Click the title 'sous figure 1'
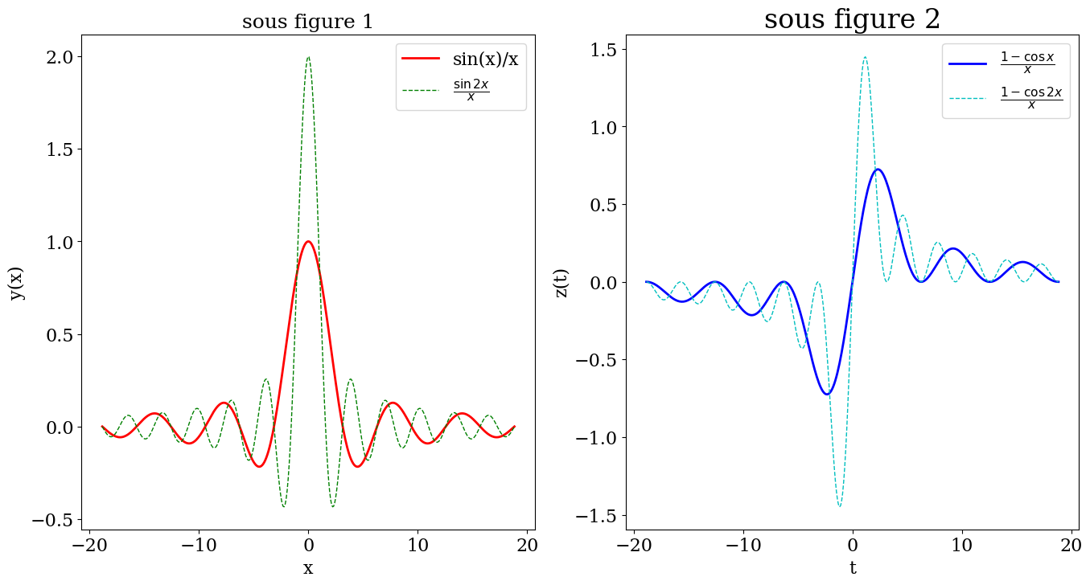click(308, 22)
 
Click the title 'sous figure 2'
click(852, 18)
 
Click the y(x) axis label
click(17, 282)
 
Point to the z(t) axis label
click(561, 282)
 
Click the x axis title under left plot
click(308, 568)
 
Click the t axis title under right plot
click(853, 568)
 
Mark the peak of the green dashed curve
click(308, 56)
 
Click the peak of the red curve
click(308, 241)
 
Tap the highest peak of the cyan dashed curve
click(865, 57)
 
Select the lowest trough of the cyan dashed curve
click(840, 506)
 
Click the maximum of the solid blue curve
click(878, 170)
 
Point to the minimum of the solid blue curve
click(827, 394)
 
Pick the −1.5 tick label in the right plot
click(598, 516)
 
